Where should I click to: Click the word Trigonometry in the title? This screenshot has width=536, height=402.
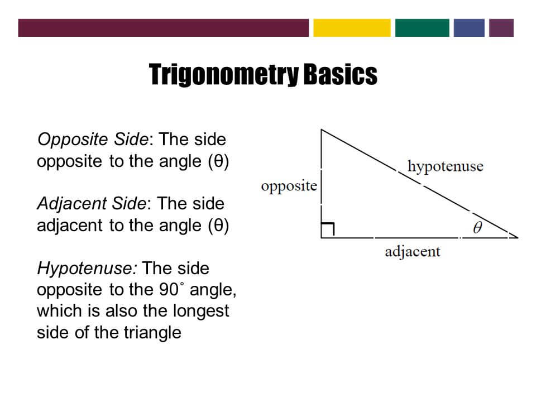[223, 75]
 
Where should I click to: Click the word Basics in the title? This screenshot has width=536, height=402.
[340, 75]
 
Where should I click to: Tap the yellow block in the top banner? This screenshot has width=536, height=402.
[352, 28]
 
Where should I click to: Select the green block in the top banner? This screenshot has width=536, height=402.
[422, 28]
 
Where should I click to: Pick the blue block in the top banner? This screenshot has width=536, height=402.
[469, 28]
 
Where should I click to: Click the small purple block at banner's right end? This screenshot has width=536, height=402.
[501, 28]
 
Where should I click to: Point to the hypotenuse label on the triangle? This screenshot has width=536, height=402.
[445, 166]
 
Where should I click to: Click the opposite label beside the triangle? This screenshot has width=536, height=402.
[289, 186]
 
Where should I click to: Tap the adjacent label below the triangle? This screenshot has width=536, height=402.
[413, 251]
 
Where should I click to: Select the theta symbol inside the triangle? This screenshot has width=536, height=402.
[477, 227]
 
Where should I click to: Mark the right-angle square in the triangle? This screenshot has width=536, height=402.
[328, 230]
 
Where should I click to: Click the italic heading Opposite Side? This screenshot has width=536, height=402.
[92, 139]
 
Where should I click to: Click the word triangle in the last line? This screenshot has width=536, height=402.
[154, 332]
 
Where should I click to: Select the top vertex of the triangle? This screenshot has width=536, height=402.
[321, 130]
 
